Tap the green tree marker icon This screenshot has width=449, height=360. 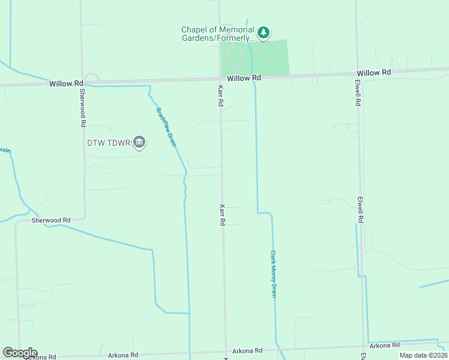[x=263, y=32]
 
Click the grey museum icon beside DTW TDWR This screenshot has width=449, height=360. [x=139, y=142]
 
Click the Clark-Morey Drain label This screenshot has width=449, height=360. [x=273, y=274]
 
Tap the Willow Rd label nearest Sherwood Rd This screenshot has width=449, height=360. [x=66, y=83]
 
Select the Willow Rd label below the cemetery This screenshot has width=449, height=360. [x=244, y=78]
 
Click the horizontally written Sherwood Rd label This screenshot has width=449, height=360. [x=51, y=220]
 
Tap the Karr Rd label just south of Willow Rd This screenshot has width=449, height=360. [x=220, y=95]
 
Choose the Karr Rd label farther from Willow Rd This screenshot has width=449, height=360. [x=222, y=215]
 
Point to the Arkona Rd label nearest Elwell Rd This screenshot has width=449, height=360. [x=385, y=346]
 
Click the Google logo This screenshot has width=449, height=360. [x=20, y=353]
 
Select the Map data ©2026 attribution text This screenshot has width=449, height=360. [x=423, y=355]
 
